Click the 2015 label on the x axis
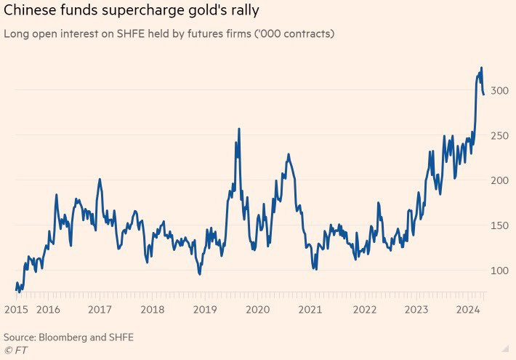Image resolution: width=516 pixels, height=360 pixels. click(15, 309)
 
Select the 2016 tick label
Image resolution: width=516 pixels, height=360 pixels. click(48, 309)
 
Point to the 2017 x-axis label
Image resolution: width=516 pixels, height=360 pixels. click(100, 309)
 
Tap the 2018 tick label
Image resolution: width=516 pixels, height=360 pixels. click(152, 309)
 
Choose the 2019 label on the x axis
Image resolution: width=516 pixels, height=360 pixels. click(205, 309)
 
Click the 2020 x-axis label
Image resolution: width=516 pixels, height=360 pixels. click(258, 309)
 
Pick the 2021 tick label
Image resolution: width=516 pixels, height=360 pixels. click(310, 309)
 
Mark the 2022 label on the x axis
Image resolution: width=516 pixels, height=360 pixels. click(363, 309)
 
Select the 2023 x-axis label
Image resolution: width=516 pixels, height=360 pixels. click(416, 309)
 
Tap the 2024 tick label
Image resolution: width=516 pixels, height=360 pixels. click(469, 309)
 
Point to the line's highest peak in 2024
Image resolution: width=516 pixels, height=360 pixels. click(481, 68)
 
